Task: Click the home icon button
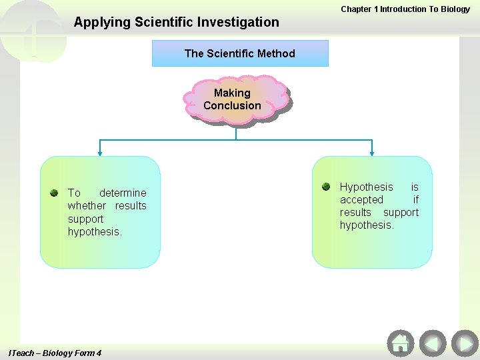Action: tap(400, 343)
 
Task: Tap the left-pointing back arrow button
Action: tap(433, 343)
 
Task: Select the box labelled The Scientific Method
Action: tap(240, 53)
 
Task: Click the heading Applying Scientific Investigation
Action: tap(177, 22)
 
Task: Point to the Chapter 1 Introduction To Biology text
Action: tap(405, 9)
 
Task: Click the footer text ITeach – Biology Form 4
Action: tap(55, 353)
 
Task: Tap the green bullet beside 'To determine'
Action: tap(54, 193)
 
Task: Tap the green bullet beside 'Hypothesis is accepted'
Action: tap(326, 187)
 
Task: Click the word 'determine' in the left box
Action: tap(123, 193)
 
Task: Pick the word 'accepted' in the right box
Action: tap(361, 199)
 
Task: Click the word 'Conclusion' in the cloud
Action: tap(232, 105)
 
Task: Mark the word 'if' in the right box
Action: tap(415, 199)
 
